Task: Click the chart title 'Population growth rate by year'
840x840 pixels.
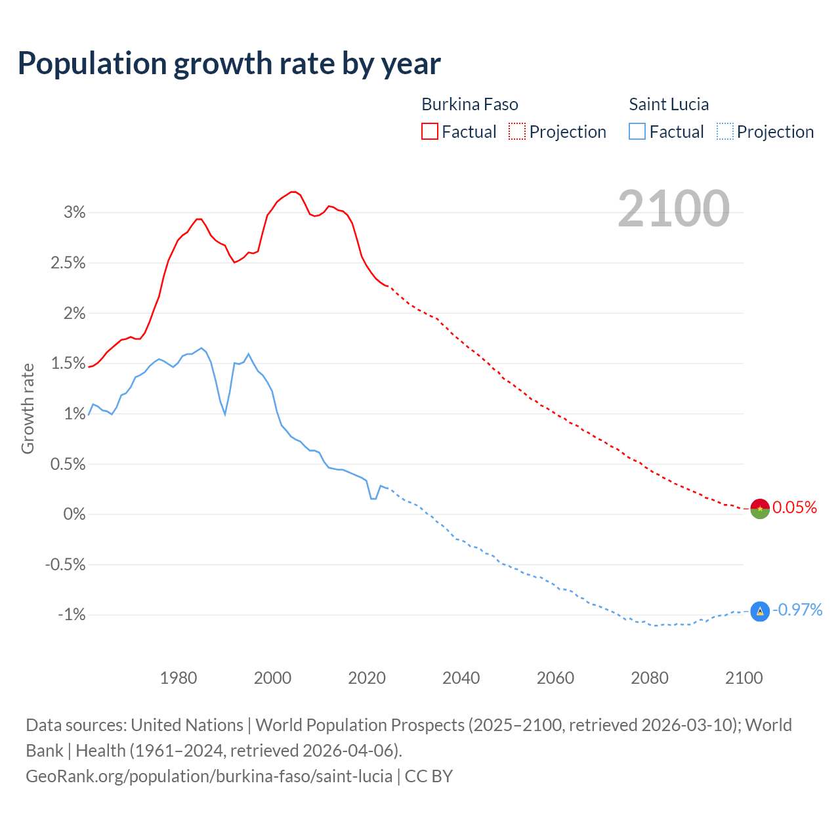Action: click(x=229, y=64)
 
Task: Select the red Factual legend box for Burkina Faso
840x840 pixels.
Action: click(x=429, y=131)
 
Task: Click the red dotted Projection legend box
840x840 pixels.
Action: click(x=517, y=131)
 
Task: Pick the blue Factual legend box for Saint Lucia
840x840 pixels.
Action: click(x=637, y=131)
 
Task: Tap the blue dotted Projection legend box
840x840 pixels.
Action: click(x=724, y=131)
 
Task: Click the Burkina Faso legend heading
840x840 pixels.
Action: click(x=469, y=104)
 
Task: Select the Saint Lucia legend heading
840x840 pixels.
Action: click(x=669, y=104)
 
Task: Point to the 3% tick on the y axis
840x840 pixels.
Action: click(x=75, y=212)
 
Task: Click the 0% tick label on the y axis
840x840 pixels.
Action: click(x=75, y=514)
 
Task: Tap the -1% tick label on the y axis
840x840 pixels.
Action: click(x=72, y=615)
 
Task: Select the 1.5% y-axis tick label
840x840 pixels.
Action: click(x=69, y=363)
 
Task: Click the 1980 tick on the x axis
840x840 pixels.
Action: click(x=178, y=678)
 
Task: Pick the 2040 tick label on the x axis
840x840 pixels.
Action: click(x=461, y=678)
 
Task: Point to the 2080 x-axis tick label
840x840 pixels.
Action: click(x=650, y=678)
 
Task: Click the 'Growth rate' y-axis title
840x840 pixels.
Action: click(x=28, y=408)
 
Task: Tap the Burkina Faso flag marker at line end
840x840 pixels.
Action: click(x=759, y=509)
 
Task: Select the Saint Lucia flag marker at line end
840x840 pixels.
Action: click(x=759, y=612)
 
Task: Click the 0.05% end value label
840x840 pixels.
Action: click(x=795, y=507)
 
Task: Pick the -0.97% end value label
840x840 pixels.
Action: click(x=797, y=610)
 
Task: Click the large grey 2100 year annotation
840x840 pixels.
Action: click(x=673, y=209)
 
